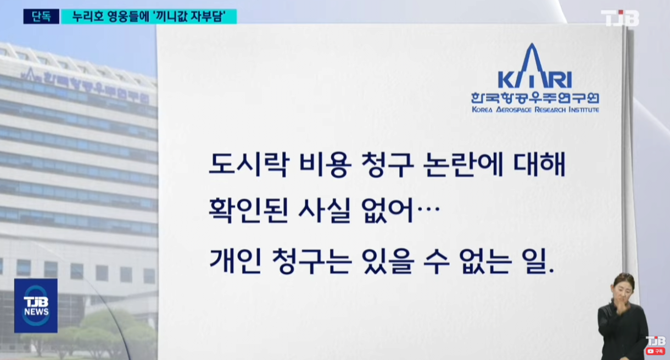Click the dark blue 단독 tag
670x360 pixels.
pyautogui.click(x=41, y=16)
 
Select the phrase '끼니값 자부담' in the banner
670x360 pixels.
pyautogui.click(x=189, y=16)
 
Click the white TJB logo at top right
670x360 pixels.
pyautogui.click(x=619, y=18)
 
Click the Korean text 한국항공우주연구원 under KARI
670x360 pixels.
pyautogui.click(x=535, y=98)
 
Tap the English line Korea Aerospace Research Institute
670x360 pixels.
pyautogui.click(x=535, y=110)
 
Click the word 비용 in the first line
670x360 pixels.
pyautogui.click(x=325, y=165)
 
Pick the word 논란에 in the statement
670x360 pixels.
pyautogui.click(x=464, y=165)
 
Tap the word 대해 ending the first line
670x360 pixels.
pyautogui.click(x=539, y=165)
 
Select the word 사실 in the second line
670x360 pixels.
pyautogui.click(x=325, y=211)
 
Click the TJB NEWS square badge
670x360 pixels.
pyautogui.click(x=36, y=306)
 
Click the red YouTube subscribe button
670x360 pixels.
pyautogui.click(x=655, y=351)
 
